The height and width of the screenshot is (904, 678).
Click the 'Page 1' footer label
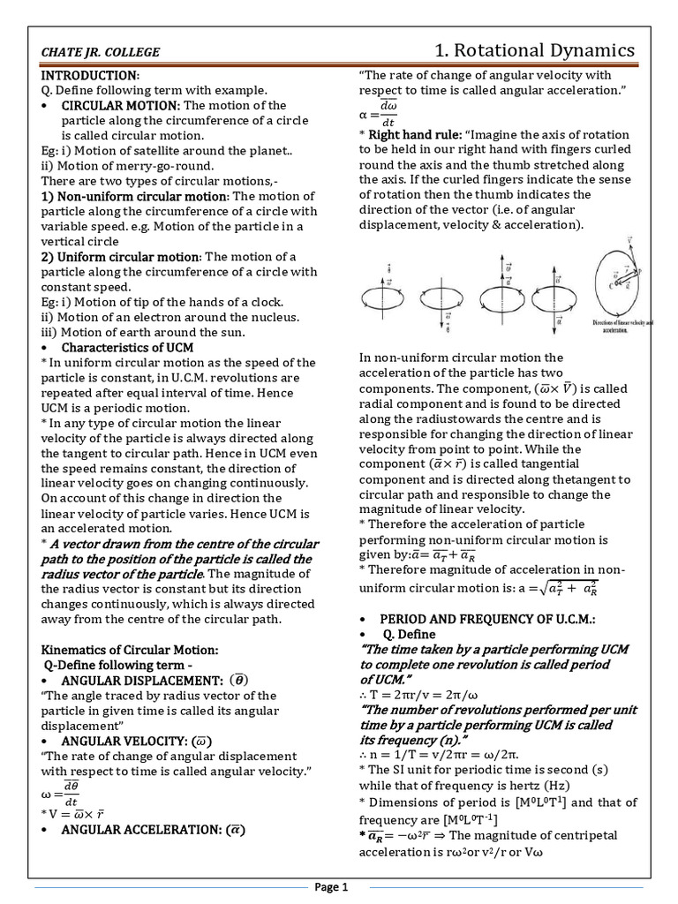point(339,886)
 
